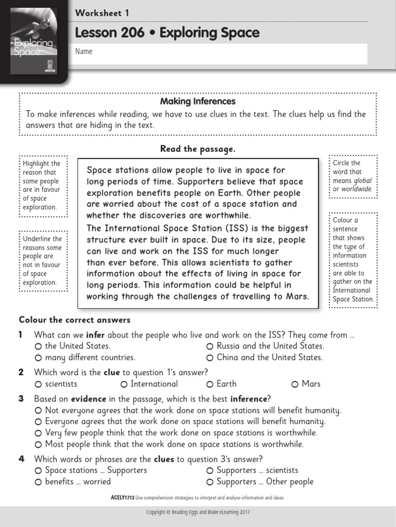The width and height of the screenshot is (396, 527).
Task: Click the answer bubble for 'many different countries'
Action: [38, 358]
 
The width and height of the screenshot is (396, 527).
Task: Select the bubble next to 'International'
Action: [124, 384]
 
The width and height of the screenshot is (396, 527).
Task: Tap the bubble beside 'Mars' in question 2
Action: [295, 384]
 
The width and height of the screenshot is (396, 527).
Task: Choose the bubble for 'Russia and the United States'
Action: [210, 346]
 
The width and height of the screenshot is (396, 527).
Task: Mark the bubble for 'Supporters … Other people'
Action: [210, 482]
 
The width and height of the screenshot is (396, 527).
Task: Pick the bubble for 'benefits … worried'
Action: [38, 482]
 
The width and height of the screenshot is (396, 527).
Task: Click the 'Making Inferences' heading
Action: [197, 101]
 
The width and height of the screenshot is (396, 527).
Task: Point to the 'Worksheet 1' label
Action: [102, 13]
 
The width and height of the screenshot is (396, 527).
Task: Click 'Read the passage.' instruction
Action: [197, 149]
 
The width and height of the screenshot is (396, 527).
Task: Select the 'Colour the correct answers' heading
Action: [75, 320]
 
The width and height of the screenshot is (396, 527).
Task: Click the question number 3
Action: [21, 399]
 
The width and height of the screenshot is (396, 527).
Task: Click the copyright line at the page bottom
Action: [197, 513]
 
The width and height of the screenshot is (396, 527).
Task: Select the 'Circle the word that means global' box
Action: [353, 177]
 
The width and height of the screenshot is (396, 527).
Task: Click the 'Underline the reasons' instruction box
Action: [43, 260]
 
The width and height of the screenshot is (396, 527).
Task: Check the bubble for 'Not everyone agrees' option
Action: [38, 411]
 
